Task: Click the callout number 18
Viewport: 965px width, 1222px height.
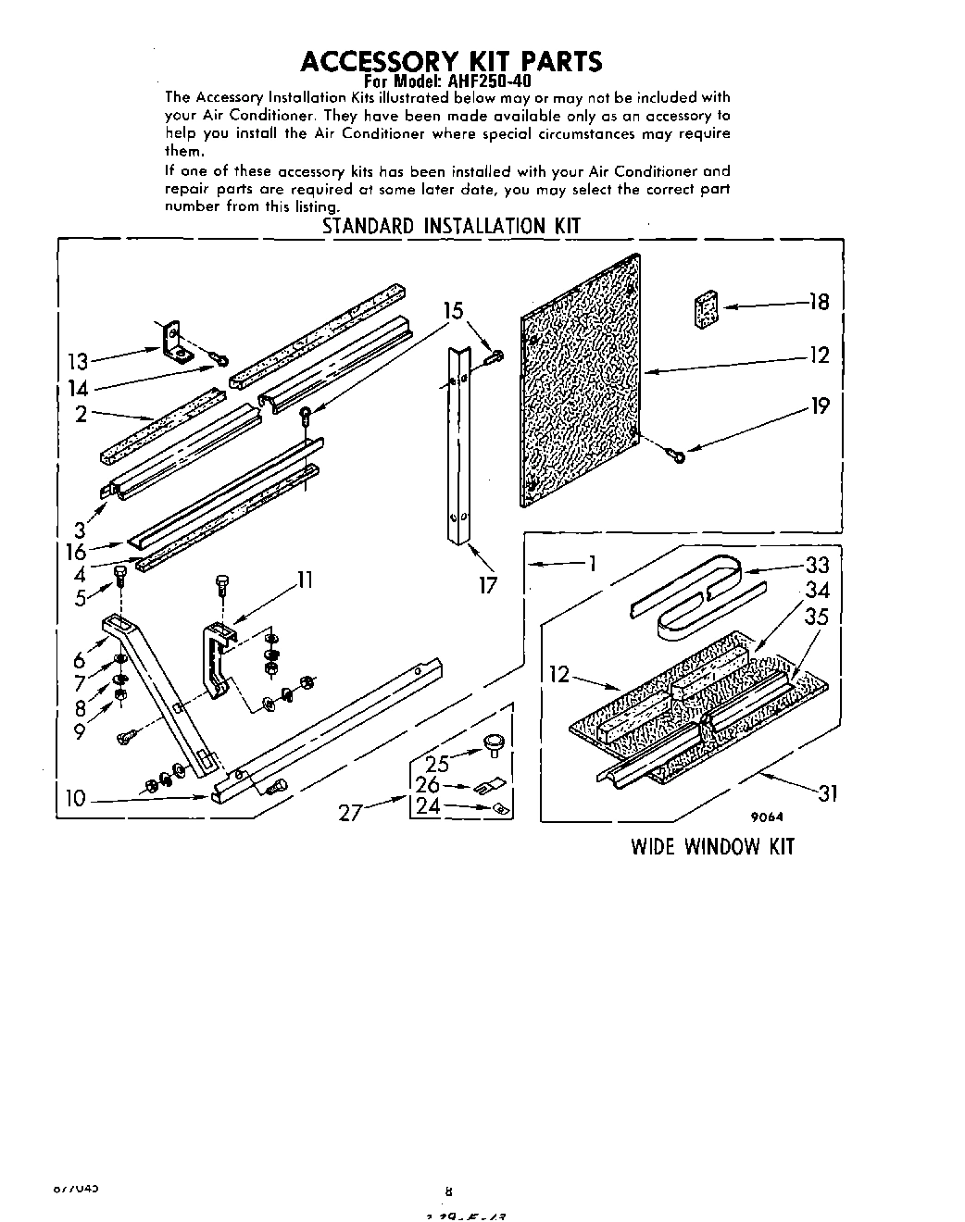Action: [x=819, y=302]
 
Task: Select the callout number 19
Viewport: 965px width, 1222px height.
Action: [x=819, y=405]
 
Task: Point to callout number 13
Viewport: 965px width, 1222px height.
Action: [x=78, y=362]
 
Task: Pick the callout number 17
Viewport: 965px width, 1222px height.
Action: [x=488, y=584]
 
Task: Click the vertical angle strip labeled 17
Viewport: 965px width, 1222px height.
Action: [x=458, y=444]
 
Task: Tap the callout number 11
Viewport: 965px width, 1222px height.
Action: [x=305, y=580]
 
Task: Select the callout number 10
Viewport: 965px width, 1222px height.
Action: [x=76, y=798]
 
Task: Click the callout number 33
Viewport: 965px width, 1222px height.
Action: [x=817, y=565]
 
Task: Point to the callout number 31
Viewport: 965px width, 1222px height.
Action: [x=827, y=792]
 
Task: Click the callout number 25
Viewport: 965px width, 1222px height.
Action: [x=437, y=764]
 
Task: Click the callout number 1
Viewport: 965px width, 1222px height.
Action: [x=590, y=563]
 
